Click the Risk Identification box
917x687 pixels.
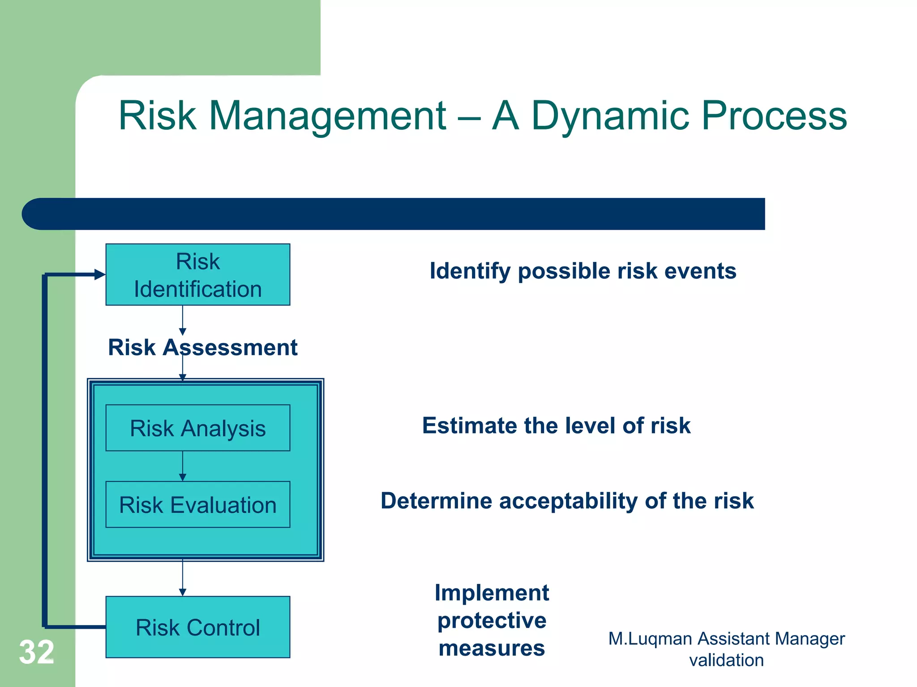197,275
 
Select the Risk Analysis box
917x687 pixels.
197,428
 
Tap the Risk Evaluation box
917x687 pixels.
197,505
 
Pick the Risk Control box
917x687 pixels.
197,627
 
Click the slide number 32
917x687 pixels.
36,652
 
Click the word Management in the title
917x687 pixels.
327,116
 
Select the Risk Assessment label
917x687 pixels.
202,347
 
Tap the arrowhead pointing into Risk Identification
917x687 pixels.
100,275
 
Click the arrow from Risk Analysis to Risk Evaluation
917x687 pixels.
182,466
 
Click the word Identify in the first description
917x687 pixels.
470,271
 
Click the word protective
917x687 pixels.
492,620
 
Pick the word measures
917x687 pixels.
492,648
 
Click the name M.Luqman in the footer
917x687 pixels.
650,639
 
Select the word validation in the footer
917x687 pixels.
726,660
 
